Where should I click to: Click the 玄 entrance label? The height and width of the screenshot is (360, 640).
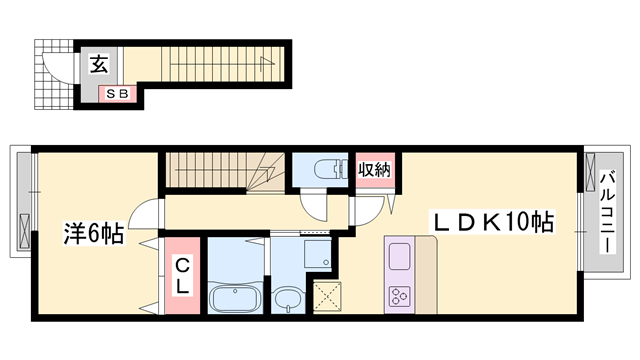point(99,64)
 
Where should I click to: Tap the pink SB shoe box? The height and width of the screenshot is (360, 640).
point(117,94)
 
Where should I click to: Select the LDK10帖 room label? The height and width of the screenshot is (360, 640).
point(493,223)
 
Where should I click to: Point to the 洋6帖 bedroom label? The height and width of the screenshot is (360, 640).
point(93,234)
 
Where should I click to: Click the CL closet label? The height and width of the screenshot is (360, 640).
point(182,277)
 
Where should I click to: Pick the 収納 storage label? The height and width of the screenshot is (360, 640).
point(374,169)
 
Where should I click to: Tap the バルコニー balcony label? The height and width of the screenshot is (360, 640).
point(608,212)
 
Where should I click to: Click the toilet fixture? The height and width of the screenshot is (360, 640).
point(330,169)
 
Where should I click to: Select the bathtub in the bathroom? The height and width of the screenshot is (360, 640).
point(235,298)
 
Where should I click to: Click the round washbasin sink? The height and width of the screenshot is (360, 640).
point(288,300)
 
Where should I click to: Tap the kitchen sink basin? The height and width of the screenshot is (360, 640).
point(399,256)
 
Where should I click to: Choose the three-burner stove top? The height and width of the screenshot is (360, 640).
point(399,296)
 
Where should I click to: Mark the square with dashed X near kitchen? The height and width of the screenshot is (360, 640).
point(327,296)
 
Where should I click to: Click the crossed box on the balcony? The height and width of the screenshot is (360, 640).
point(590,172)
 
